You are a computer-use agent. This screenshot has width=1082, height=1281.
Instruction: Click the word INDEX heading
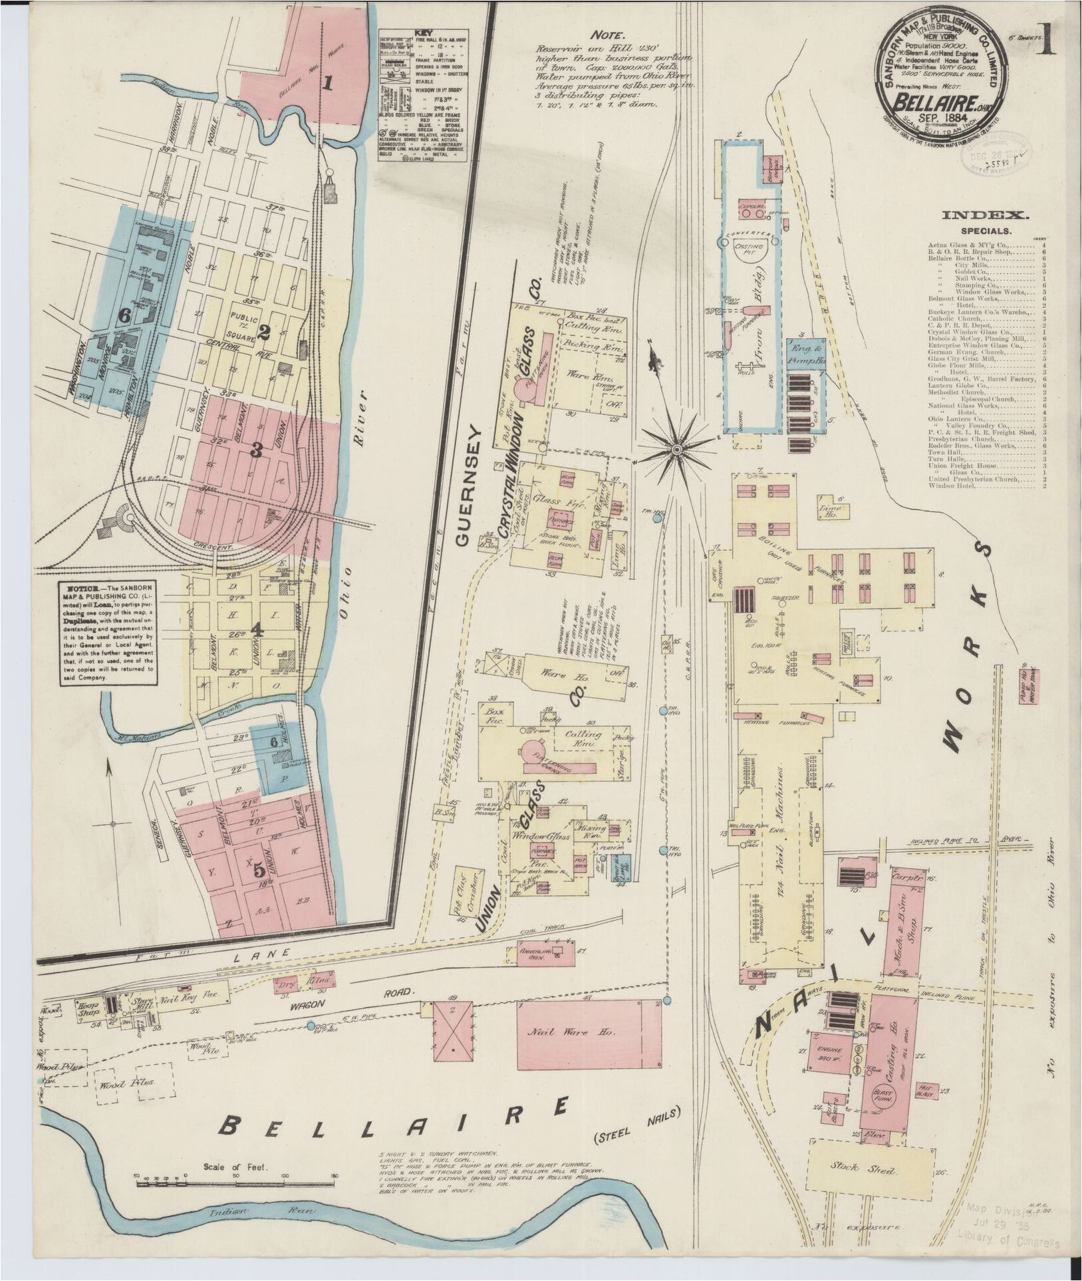coord(986,215)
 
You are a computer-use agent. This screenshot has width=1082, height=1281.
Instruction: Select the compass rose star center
coord(677,450)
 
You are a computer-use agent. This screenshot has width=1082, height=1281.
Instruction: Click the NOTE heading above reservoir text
coord(607,35)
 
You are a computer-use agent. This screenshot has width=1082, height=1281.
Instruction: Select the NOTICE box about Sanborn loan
coord(108,633)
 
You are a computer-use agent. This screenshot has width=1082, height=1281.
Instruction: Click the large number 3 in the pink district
coord(256,450)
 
